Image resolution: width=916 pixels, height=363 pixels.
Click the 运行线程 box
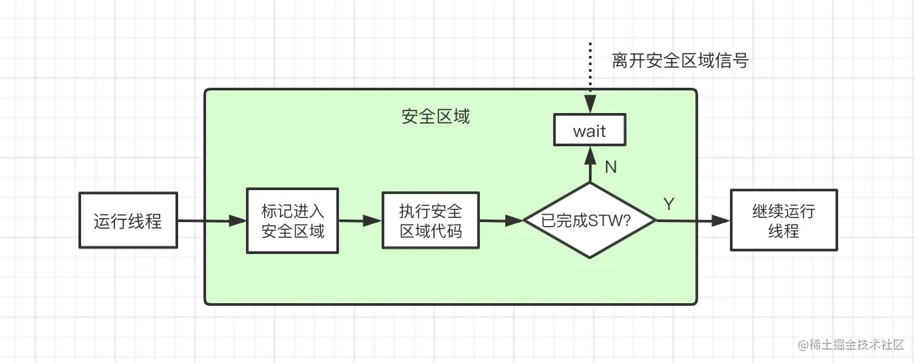click(x=128, y=221)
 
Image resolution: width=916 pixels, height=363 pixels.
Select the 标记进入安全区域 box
click(x=293, y=221)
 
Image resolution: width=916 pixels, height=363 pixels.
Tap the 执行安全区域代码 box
click(x=431, y=221)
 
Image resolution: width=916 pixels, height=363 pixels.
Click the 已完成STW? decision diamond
click(x=590, y=221)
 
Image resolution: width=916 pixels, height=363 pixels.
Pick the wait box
click(x=590, y=131)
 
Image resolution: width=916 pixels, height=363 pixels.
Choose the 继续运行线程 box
click(x=784, y=221)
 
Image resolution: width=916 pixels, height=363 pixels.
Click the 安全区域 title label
click(x=435, y=117)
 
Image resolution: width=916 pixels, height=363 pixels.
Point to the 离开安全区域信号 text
click(x=680, y=61)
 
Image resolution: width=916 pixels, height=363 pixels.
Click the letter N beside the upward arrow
click(x=611, y=167)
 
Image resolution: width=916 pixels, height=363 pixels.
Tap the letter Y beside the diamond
click(x=669, y=205)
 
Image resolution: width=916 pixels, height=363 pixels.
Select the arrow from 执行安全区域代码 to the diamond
click(x=501, y=221)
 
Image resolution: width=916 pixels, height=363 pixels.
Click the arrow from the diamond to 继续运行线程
click(x=691, y=221)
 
